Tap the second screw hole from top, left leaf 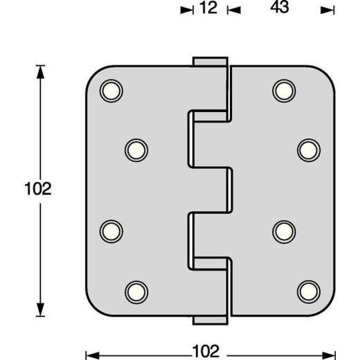coord(136,149)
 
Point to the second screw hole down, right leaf coord(308,149)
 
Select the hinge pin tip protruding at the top coord(210,62)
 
